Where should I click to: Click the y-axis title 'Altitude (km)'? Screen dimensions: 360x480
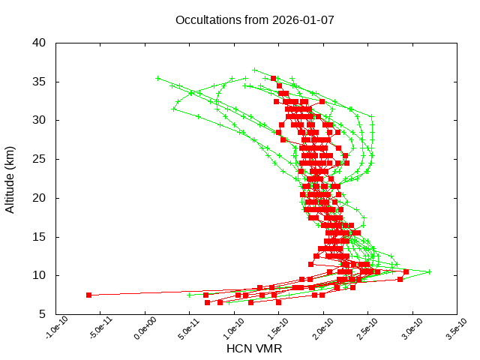click(10, 178)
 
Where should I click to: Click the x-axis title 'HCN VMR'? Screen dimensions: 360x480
click(253, 349)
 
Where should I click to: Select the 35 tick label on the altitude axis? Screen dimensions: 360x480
click(40, 81)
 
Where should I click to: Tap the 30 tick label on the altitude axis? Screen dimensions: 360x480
click(40, 120)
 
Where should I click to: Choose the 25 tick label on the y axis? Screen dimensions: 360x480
click(40, 159)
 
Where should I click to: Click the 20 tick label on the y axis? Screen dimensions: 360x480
click(40, 198)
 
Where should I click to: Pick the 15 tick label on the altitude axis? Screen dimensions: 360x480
click(40, 237)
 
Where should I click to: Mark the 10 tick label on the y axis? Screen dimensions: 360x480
click(40, 275)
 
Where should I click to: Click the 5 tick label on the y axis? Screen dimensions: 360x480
click(43, 314)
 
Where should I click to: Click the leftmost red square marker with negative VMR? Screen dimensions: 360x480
click(88, 295)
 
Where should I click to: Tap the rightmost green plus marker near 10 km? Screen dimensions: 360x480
click(429, 271)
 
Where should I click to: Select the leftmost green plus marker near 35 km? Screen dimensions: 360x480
click(157, 78)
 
